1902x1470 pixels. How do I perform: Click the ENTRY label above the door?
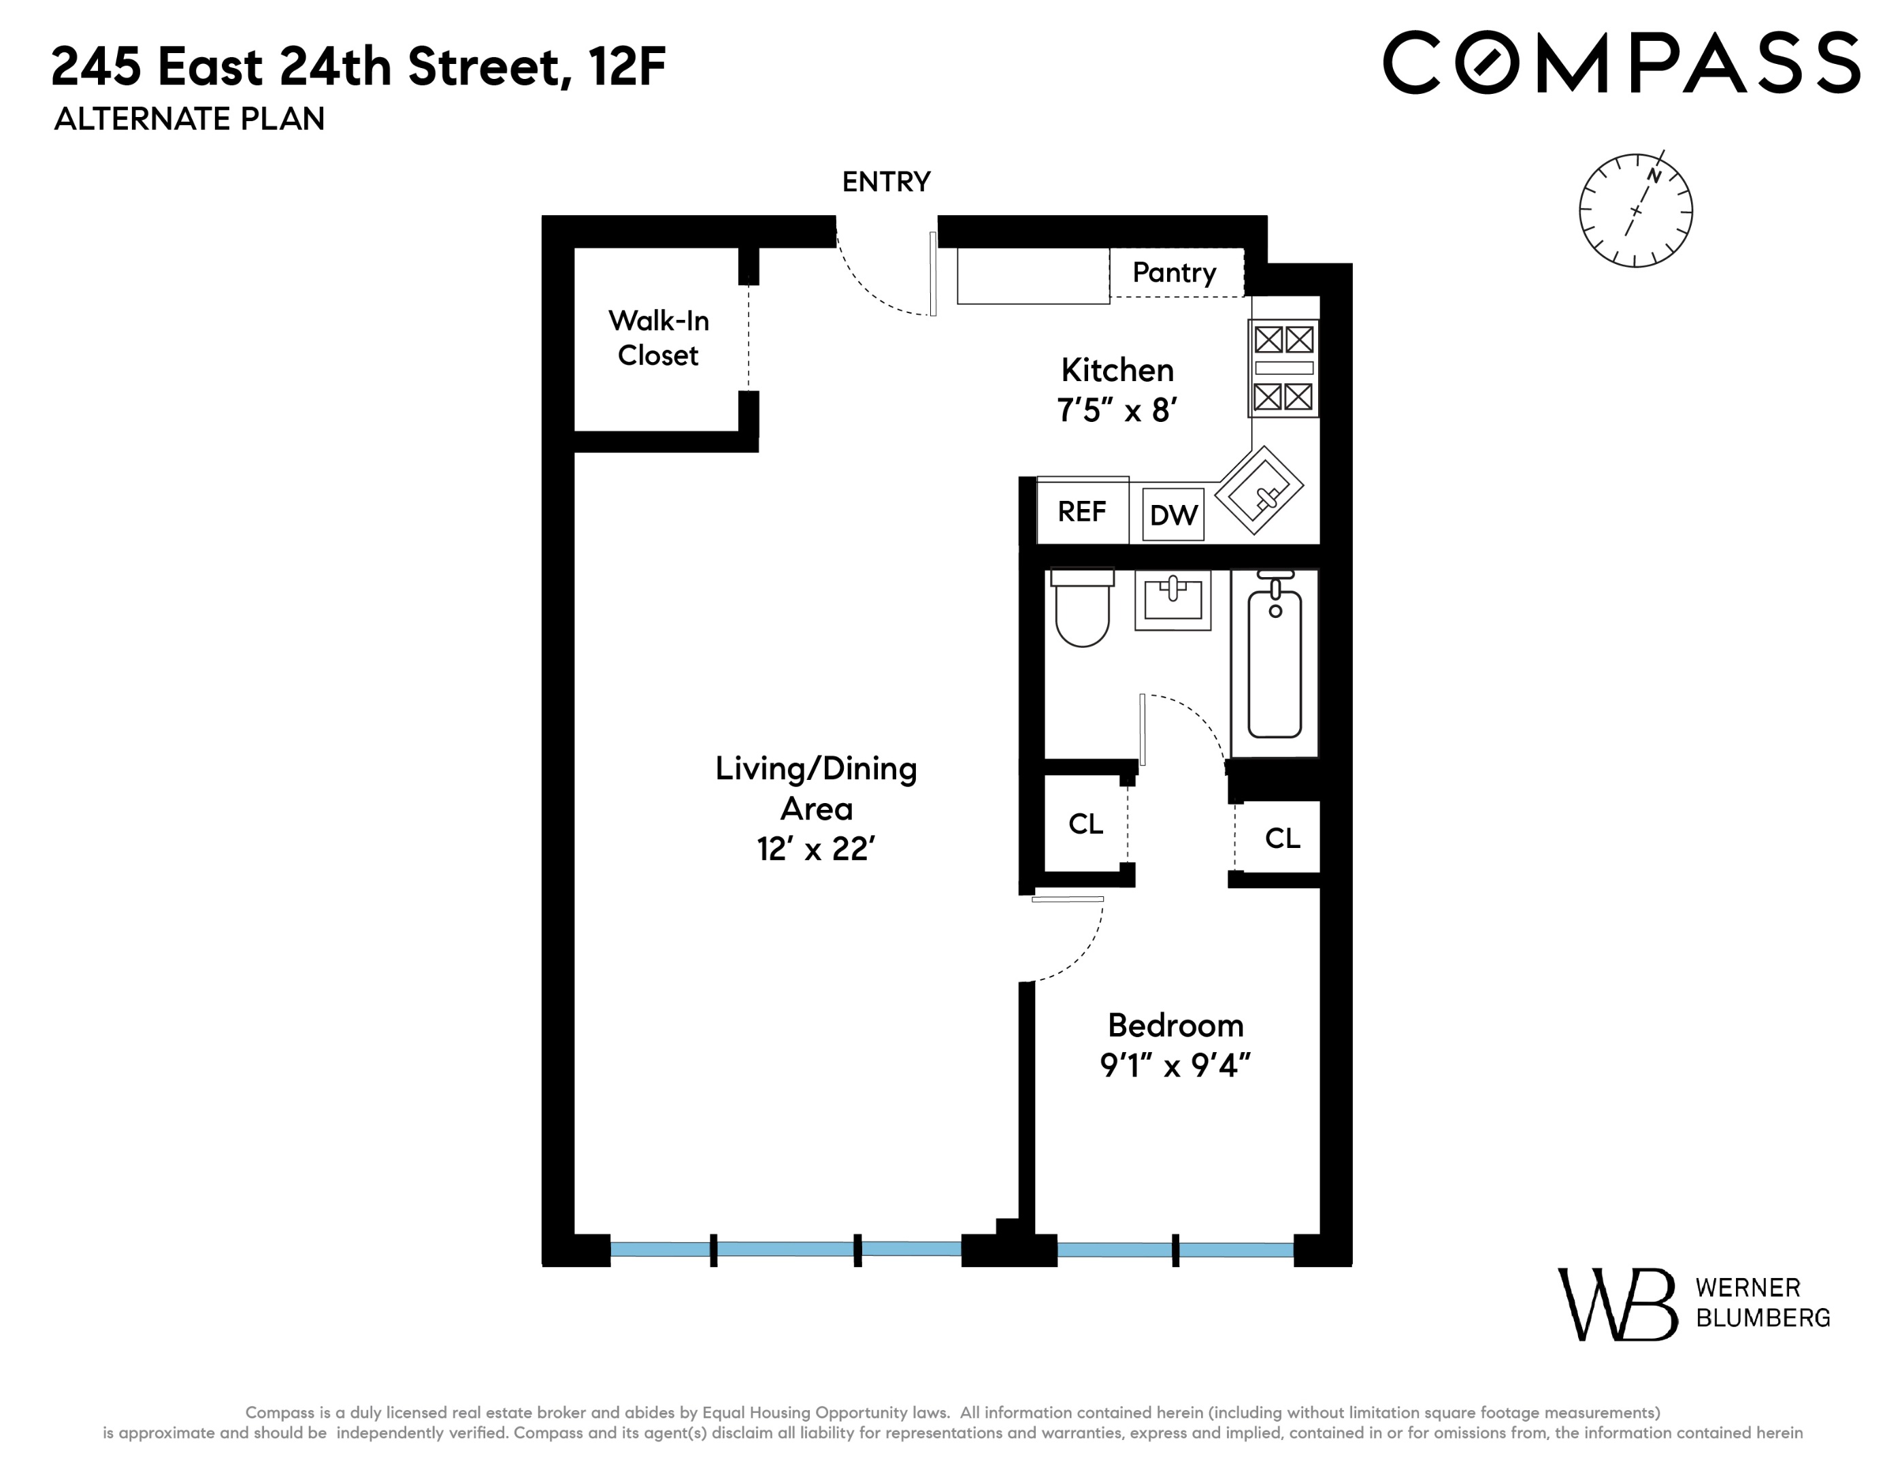tap(886, 182)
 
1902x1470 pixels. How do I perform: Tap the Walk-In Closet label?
tap(659, 338)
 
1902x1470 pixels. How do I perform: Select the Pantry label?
tap(1174, 273)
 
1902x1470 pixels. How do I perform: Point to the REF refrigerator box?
tap(1081, 511)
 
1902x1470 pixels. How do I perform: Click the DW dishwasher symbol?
tap(1173, 514)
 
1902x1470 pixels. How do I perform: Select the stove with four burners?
tap(1283, 368)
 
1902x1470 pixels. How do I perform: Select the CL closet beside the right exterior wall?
tap(1282, 838)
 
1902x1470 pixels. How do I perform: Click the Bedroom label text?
tap(1175, 1026)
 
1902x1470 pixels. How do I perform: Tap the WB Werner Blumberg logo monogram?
tap(1616, 1304)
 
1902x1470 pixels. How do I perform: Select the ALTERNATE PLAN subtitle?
tap(189, 119)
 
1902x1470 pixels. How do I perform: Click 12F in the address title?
tap(627, 67)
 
